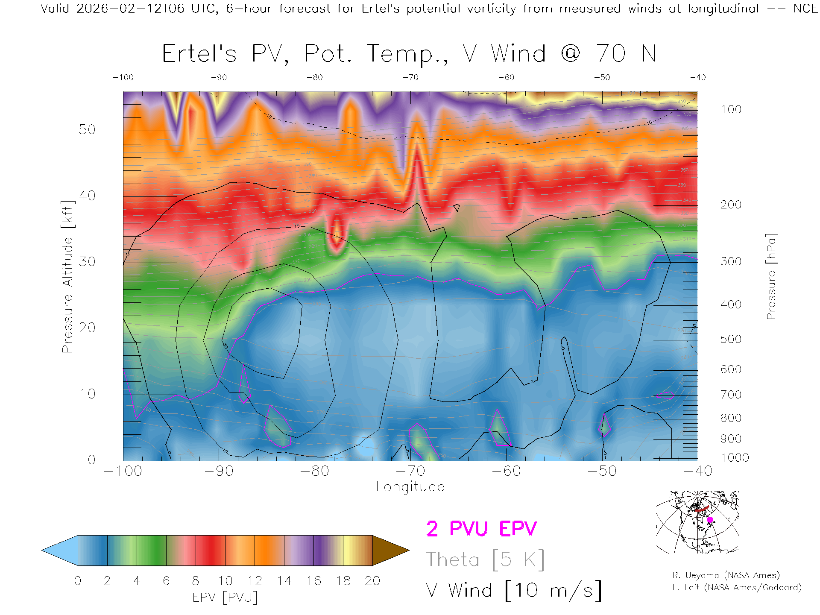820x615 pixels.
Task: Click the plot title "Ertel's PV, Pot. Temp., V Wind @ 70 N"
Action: [409, 54]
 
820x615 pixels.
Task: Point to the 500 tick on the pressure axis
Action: [731, 340]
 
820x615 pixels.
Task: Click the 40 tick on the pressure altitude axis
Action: [87, 196]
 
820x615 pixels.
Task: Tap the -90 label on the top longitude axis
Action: [219, 78]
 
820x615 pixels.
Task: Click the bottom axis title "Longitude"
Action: [410, 487]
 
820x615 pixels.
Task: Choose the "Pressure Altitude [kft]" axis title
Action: [67, 276]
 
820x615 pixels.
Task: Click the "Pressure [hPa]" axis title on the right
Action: [771, 276]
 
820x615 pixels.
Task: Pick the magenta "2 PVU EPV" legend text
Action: [481, 529]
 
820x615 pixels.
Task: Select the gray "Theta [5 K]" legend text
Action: [485, 559]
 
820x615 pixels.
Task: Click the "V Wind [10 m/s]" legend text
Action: [513, 590]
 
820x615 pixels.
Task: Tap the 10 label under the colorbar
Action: [225, 581]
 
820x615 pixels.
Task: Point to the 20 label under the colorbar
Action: [372, 581]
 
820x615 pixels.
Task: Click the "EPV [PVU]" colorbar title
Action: [225, 597]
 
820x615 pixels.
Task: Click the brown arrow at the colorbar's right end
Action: [389, 551]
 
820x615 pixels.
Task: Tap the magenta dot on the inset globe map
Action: [710, 520]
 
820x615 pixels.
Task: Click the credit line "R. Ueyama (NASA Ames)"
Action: [726, 576]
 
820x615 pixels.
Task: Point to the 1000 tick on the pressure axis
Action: [735, 458]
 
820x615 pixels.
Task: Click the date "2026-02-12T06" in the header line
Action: [130, 9]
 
